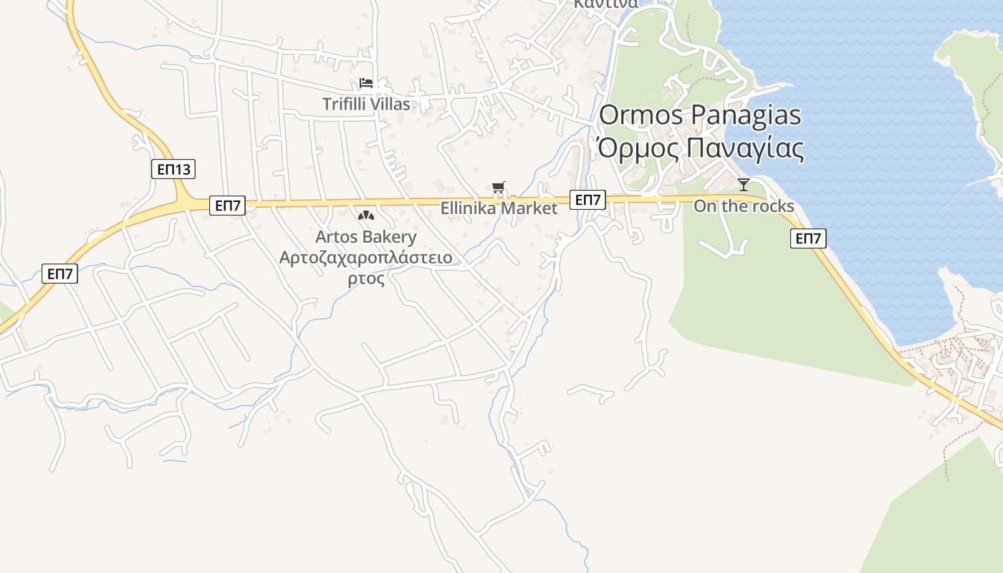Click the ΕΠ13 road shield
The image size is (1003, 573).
coord(173,170)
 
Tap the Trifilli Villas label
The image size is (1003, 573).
coord(366,104)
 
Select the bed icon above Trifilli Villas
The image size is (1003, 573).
coord(366,83)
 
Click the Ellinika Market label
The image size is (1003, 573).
coord(499,208)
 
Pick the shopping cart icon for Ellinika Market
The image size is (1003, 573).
coord(499,188)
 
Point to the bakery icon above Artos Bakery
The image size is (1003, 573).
coord(366,215)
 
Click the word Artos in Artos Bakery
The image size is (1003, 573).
coord(337,236)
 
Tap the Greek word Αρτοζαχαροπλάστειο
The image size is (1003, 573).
coord(366,257)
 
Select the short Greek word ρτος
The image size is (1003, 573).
coord(366,279)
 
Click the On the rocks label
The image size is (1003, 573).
coord(744,206)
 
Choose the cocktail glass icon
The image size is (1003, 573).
coord(744,185)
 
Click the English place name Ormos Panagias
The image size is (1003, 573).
coord(700,115)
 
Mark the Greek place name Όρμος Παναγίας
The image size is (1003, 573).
coord(700,148)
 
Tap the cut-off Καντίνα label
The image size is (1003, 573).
coord(605,4)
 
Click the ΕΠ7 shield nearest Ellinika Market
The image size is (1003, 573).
coord(588,200)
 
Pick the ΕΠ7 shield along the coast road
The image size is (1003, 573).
coord(808,239)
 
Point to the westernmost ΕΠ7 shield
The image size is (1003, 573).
coord(59,274)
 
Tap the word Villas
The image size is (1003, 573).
coord(389,104)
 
